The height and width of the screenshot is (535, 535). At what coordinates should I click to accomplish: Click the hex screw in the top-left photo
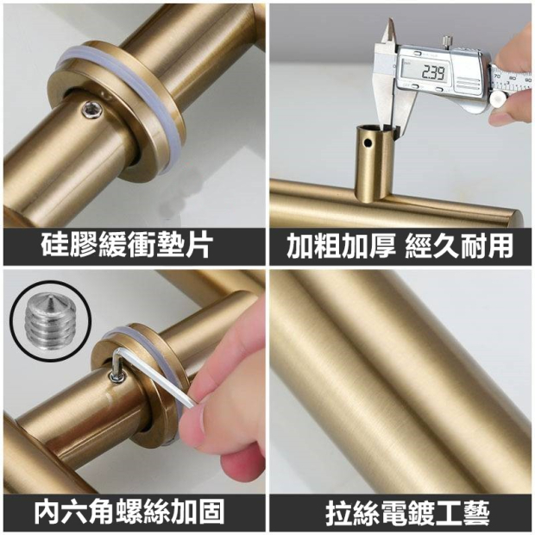click(x=92, y=111)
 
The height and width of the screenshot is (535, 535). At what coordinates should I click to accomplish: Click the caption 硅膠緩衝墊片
click(x=125, y=245)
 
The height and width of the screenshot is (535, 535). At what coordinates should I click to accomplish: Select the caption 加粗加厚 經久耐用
click(x=400, y=245)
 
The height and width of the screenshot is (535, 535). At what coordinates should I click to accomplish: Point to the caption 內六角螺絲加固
click(x=129, y=511)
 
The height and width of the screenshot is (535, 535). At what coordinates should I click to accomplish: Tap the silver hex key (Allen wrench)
click(x=150, y=374)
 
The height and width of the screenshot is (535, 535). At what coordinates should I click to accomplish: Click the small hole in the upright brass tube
click(x=367, y=142)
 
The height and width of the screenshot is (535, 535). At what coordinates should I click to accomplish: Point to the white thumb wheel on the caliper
click(x=498, y=99)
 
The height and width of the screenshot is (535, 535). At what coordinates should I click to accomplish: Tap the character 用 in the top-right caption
click(x=500, y=245)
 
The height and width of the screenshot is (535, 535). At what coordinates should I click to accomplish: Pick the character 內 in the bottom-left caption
click(x=47, y=511)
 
